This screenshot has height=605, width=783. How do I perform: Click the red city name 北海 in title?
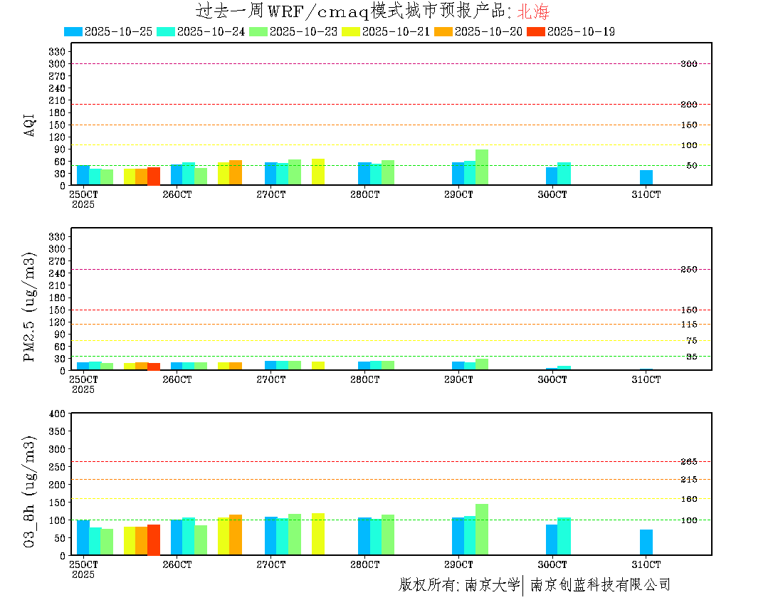(533, 11)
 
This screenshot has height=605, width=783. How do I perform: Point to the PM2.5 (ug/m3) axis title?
(30, 306)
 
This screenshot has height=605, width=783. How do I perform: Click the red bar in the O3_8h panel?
(154, 540)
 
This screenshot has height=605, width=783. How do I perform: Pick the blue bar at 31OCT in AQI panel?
(646, 177)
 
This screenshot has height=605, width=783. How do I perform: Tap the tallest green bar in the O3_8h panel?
(482, 530)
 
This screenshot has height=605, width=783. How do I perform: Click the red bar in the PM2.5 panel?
(154, 367)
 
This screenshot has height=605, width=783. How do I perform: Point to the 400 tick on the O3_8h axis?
(56, 414)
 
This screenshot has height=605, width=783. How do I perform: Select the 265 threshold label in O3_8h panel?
(688, 462)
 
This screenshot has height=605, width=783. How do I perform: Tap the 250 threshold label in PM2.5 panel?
(688, 269)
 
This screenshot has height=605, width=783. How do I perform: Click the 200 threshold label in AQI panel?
(688, 105)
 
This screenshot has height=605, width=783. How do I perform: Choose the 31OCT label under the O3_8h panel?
(646, 564)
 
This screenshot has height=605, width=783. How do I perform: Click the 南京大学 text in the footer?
(492, 585)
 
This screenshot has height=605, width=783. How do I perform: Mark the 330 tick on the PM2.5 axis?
(57, 236)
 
